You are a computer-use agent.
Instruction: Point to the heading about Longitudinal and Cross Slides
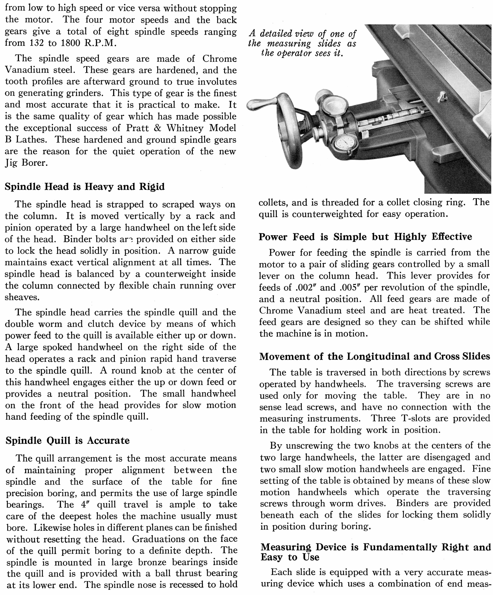[x=374, y=356]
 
